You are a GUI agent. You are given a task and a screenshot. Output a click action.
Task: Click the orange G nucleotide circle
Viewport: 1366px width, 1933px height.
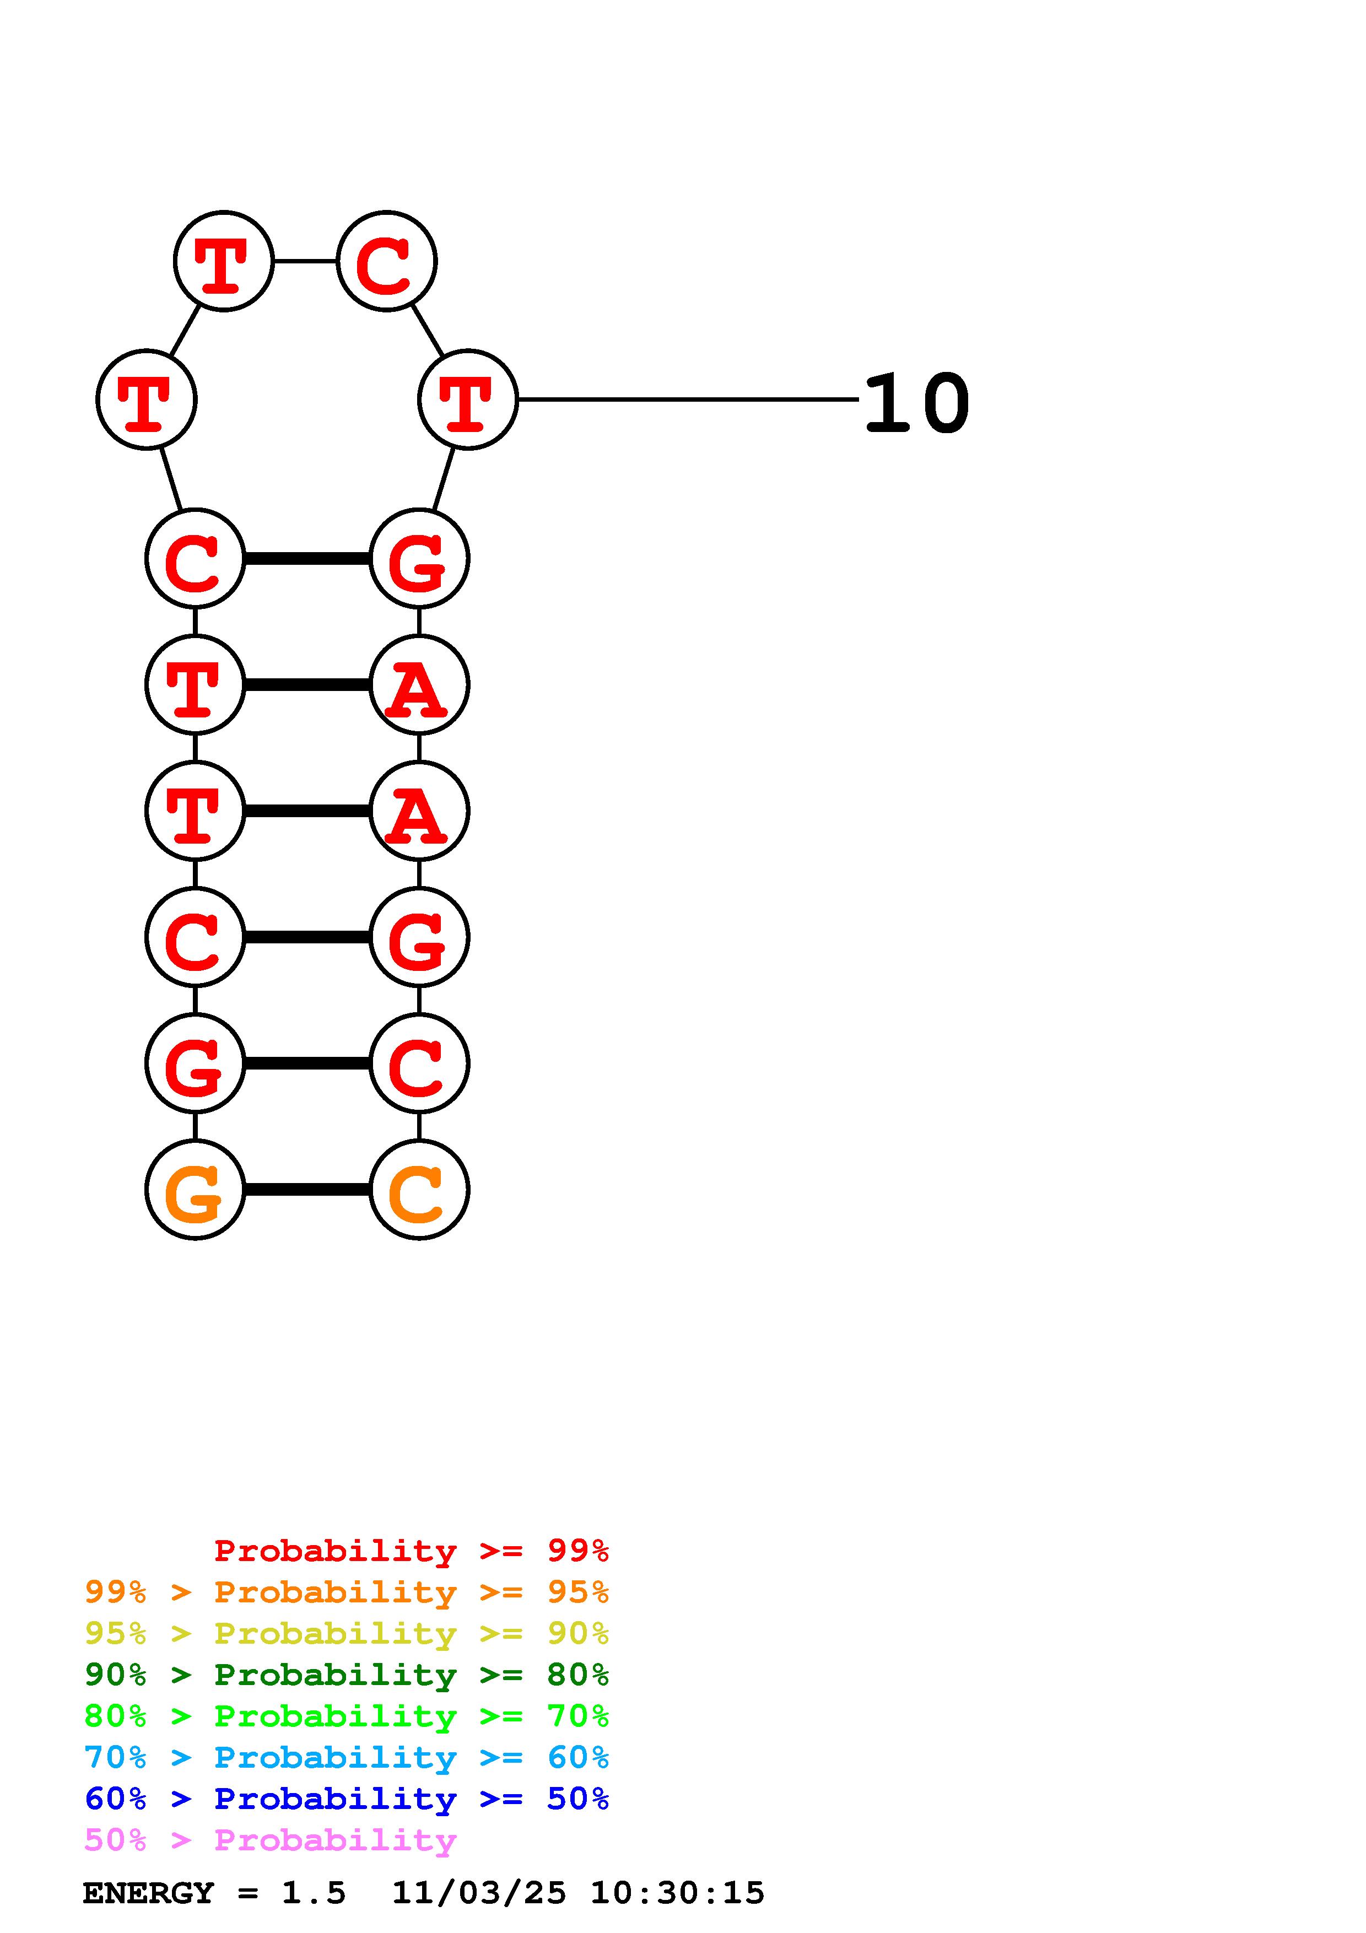point(195,1190)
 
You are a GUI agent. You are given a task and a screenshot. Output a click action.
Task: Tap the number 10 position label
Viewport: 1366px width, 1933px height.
point(916,403)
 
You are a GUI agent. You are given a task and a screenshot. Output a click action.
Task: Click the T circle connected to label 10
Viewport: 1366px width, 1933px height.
point(467,400)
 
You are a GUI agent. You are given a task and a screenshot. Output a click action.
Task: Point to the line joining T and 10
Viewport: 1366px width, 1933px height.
point(686,399)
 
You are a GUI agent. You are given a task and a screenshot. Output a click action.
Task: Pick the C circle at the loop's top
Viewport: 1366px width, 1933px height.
point(386,262)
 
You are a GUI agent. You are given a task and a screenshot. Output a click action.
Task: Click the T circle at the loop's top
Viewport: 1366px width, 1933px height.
point(223,262)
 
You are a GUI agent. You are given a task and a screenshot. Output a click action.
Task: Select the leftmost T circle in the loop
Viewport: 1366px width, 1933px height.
point(147,400)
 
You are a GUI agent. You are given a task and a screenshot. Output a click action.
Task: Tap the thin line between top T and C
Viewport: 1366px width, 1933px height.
point(305,262)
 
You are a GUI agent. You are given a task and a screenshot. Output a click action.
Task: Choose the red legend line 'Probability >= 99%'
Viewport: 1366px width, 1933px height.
point(411,1551)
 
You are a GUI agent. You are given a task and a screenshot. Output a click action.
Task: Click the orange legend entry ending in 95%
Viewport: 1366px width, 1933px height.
point(346,1592)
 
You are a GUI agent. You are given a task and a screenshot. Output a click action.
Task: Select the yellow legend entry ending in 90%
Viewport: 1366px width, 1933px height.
point(346,1633)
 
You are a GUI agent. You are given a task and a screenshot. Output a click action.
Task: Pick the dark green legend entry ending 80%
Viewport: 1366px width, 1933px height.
point(346,1675)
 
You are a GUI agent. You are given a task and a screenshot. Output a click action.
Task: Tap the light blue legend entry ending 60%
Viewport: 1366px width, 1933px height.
point(346,1757)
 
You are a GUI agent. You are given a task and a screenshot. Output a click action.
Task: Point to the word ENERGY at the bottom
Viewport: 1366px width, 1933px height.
point(148,1893)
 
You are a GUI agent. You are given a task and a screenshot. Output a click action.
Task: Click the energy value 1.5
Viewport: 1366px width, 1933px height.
point(313,1893)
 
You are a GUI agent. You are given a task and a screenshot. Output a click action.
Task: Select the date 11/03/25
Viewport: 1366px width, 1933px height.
point(479,1893)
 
